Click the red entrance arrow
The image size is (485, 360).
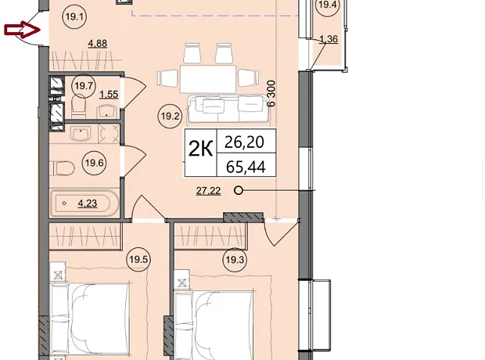22,30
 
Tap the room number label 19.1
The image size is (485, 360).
74,16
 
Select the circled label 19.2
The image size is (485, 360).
170,117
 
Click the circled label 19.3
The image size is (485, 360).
235,260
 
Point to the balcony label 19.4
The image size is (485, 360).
327,5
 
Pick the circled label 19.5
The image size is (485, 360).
138,259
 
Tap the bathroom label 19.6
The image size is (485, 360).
94,163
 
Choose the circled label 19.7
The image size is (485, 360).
84,86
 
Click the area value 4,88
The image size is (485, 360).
98,43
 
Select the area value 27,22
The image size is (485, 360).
209,191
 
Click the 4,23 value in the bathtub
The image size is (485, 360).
88,203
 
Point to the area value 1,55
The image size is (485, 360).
109,94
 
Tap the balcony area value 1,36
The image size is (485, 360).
329,39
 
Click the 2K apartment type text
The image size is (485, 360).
201,149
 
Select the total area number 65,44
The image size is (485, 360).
246,167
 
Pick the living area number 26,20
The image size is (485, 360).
244,142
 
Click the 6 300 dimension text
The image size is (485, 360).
271,93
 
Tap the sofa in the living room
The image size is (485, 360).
228,109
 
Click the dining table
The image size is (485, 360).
208,78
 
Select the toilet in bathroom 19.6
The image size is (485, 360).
62,169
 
